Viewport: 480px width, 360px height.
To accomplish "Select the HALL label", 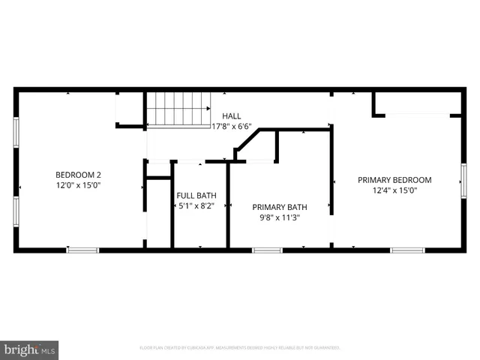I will [232, 115].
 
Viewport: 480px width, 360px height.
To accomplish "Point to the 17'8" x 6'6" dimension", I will [232, 127].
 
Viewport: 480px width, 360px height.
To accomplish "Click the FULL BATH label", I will [196, 194].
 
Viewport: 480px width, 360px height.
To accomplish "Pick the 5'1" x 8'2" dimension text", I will [196, 205].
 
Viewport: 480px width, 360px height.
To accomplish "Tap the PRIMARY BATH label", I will [280, 207].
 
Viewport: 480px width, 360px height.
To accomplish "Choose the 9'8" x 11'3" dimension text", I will [280, 218].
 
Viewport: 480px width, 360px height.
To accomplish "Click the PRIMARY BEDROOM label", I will [394, 179].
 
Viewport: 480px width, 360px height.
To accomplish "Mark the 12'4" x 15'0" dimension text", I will [394, 190].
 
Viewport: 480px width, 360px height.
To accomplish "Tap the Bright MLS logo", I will [29, 350].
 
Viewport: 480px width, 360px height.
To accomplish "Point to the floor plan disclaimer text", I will [240, 348].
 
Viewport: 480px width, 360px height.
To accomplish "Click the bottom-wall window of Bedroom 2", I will [82, 250].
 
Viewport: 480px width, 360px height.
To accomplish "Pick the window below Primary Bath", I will [267, 250].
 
